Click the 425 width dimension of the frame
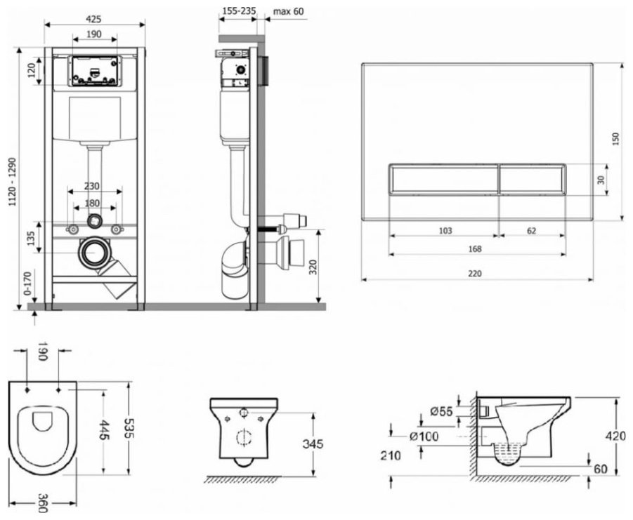tap(93, 19)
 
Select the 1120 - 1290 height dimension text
tap(13, 182)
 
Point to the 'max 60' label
tap(289, 11)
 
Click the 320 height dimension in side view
tap(313, 267)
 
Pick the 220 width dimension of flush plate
tap(475, 273)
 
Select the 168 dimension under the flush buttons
tap(475, 248)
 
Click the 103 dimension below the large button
tap(445, 231)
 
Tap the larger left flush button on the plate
tap(445, 180)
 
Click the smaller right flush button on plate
tap(533, 180)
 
